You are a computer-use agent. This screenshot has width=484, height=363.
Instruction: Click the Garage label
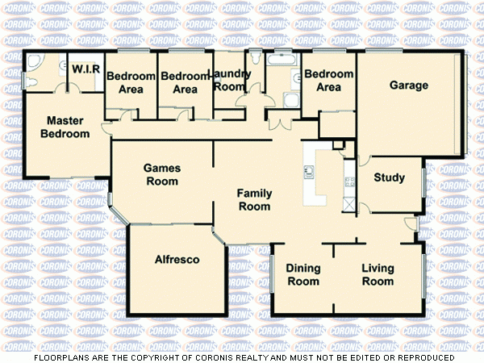tap(409, 86)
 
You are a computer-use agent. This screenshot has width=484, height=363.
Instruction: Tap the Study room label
tap(389, 177)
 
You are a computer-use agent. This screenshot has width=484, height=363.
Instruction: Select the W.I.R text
tap(86, 69)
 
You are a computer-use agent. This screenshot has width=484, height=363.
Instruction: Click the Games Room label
tap(161, 175)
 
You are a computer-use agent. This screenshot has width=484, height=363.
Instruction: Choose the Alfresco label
tap(177, 259)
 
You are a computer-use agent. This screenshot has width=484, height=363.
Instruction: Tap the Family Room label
tap(253, 200)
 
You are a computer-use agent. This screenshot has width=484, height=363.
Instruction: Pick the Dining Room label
tap(303, 274)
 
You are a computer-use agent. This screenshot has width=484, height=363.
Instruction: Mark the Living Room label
tap(378, 274)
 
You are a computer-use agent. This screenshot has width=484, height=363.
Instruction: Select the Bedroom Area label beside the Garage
tap(328, 81)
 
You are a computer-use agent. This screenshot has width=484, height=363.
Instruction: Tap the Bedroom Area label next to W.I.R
tap(131, 82)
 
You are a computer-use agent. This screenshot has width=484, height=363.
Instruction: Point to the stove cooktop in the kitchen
tap(349, 182)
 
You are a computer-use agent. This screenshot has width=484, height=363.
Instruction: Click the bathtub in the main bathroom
tap(282, 61)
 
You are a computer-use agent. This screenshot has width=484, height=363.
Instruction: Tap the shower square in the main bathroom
tap(291, 99)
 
